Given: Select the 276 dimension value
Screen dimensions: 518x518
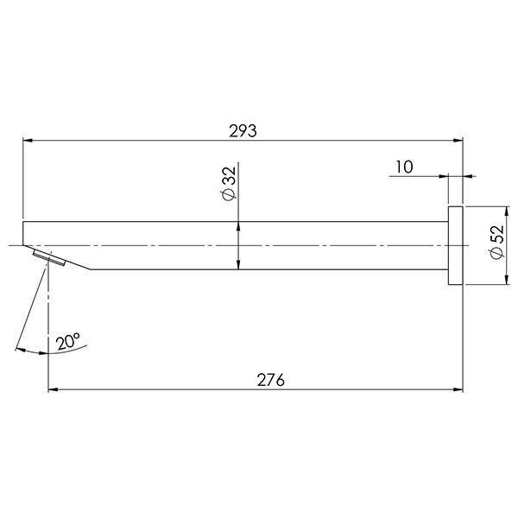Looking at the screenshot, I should coord(270,380).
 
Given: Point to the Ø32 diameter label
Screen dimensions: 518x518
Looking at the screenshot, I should coord(229,185).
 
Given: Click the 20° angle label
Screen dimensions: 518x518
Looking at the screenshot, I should coord(69,342).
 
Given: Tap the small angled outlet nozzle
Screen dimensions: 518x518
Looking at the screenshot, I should coord(48,258).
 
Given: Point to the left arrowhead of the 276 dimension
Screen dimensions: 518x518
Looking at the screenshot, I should coord(52,389).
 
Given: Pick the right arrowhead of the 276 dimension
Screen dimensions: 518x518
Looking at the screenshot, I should coord(459,389).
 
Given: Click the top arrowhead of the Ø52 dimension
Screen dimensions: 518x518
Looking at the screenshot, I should coord(505,212).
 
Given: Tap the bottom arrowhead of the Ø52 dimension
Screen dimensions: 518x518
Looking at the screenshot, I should coord(505,281).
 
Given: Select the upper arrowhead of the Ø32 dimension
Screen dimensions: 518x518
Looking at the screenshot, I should coord(239,226).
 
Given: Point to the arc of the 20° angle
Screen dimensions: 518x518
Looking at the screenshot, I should coord(35,353).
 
